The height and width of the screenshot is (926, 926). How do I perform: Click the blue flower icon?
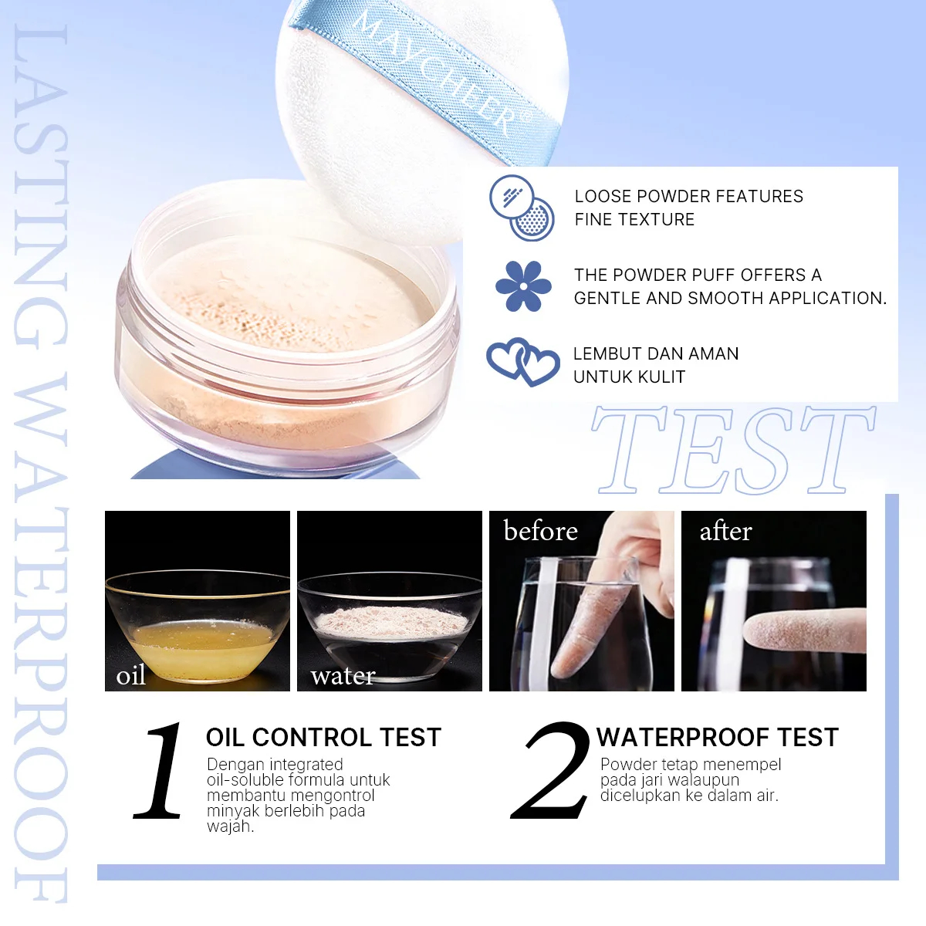tap(523, 286)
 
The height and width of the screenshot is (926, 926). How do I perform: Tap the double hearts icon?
tap(523, 362)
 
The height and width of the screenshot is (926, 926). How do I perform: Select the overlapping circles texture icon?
tap(522, 208)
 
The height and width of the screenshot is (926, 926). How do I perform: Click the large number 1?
tap(160, 770)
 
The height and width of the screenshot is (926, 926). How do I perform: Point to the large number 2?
tap(551, 770)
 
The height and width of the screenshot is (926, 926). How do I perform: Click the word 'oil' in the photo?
tap(130, 675)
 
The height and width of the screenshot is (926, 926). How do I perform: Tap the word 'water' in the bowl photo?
tap(343, 676)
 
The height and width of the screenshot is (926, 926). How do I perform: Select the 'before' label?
tap(541, 530)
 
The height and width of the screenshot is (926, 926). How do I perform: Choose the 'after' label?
tap(725, 531)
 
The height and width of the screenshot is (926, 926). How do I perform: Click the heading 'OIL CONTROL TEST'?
tap(323, 737)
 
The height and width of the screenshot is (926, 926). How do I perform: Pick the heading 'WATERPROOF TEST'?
tap(718, 737)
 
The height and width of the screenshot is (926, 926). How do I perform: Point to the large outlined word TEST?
tap(734, 450)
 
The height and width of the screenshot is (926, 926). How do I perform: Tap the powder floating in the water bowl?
tap(390, 622)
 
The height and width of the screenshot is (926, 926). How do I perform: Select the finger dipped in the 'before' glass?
tap(590, 625)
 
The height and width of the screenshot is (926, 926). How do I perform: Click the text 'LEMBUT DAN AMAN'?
tap(656, 353)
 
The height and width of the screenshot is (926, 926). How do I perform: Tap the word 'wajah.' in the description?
tap(230, 827)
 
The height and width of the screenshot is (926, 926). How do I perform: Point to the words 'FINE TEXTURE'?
tap(634, 220)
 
